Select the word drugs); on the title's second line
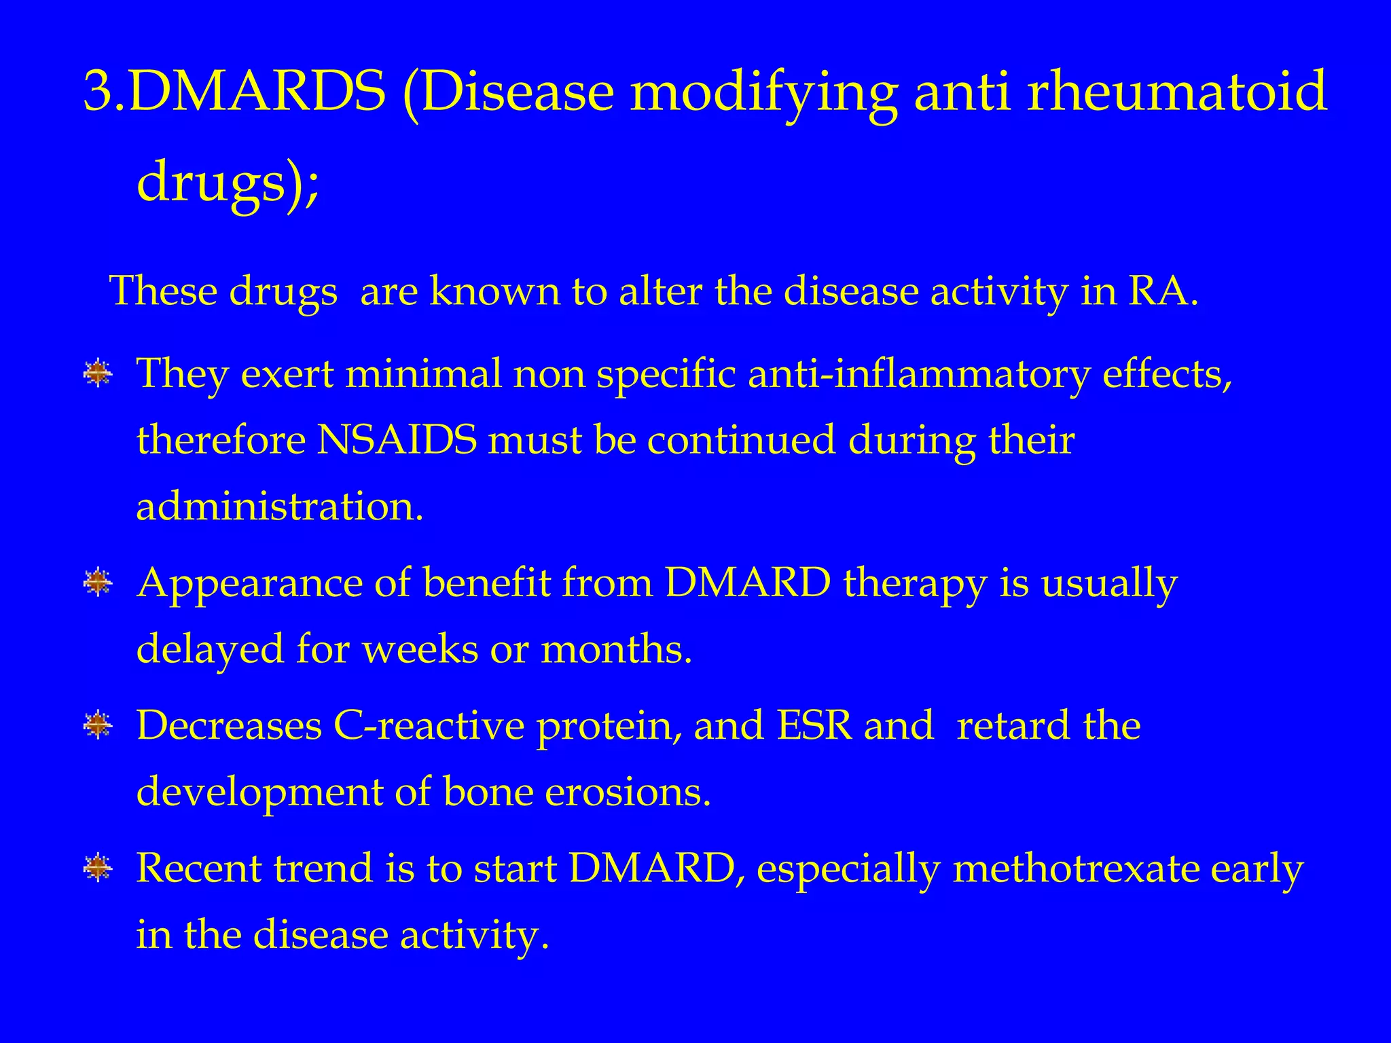228,182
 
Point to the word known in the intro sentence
494,291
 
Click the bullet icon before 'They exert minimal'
98,373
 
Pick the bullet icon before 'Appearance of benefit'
98,583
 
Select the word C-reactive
429,725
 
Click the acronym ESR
814,725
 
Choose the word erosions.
628,792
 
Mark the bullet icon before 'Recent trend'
98,868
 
